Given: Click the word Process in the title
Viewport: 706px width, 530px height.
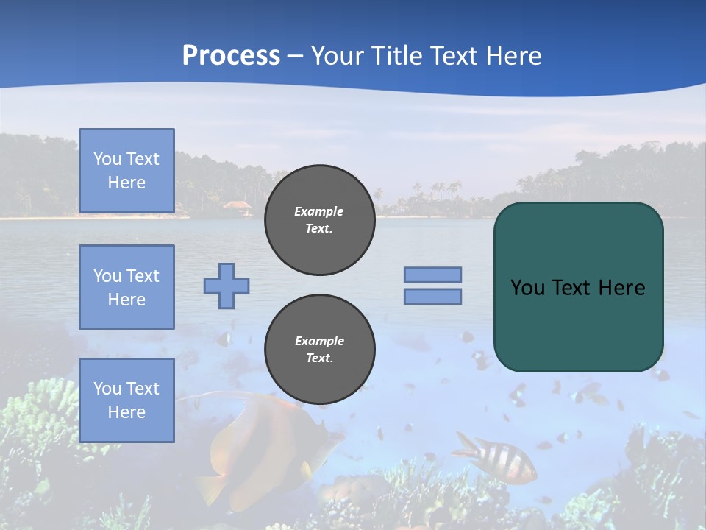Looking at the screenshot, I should coord(231,55).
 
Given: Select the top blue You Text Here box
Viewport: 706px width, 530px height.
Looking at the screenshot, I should coord(126,171).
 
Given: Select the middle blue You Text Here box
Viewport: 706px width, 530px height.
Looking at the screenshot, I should coord(126,287).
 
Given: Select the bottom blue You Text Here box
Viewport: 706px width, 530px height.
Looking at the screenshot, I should coord(126,400).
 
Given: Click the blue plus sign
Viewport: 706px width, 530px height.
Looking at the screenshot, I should coord(227,286).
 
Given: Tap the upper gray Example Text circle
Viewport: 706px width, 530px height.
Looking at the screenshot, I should coord(319,220).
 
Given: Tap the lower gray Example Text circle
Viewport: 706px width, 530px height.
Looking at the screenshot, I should coord(319,350).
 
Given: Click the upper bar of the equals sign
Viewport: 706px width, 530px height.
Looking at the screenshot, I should coord(432,275).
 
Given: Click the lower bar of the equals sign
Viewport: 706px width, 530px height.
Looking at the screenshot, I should coord(432,297).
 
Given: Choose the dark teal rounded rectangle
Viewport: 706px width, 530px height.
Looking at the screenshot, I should coord(578,324).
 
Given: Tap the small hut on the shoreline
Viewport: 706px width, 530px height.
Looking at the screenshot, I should coord(238,208).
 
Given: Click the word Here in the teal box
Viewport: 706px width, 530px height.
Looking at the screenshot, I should coord(621,288).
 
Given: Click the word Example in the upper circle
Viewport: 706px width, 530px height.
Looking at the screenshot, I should coord(319,211).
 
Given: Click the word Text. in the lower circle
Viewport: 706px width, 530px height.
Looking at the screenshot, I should coord(319,358).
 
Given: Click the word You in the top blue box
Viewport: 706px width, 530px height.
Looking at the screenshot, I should coord(107,159).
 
